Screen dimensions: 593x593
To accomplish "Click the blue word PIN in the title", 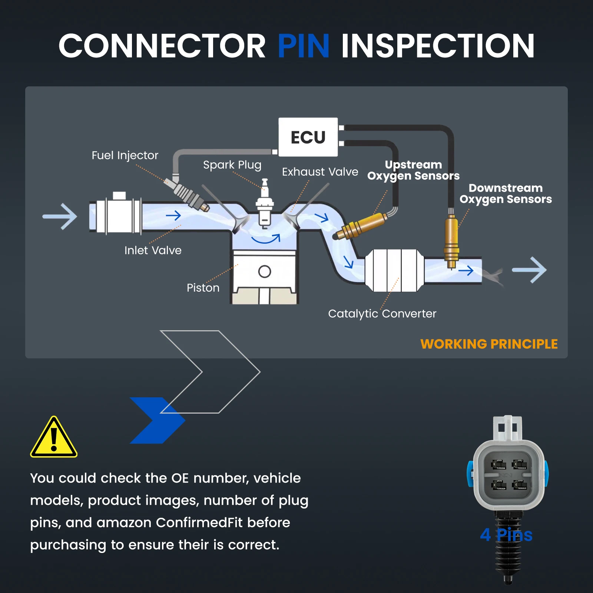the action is point(304,46).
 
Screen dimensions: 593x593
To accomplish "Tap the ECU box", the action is point(308,137).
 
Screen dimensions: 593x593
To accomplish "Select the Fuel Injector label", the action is point(125,155).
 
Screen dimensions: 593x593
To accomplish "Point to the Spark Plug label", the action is point(232,165).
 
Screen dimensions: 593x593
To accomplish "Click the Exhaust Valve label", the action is point(320,172).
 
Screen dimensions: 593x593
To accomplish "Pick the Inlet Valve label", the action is point(153,250).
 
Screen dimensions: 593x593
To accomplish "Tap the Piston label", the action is point(203,288).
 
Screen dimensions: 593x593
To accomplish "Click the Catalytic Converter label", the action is point(382,314).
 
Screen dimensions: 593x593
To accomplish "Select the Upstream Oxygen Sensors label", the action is point(413,170).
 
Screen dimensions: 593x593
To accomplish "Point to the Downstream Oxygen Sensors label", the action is point(506,193).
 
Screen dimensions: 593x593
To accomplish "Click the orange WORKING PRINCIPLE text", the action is point(489,344).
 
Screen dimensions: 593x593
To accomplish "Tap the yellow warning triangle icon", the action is point(54,437).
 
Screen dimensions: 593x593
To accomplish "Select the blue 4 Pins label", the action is point(506,534).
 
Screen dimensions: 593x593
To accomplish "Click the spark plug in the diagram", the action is point(265,203).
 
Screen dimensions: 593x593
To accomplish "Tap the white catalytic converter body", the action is point(394,270).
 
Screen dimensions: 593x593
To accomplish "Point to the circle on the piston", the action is point(265,272).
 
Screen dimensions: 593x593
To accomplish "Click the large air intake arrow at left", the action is point(60,216).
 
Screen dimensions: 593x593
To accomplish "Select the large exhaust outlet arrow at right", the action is point(529,270).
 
